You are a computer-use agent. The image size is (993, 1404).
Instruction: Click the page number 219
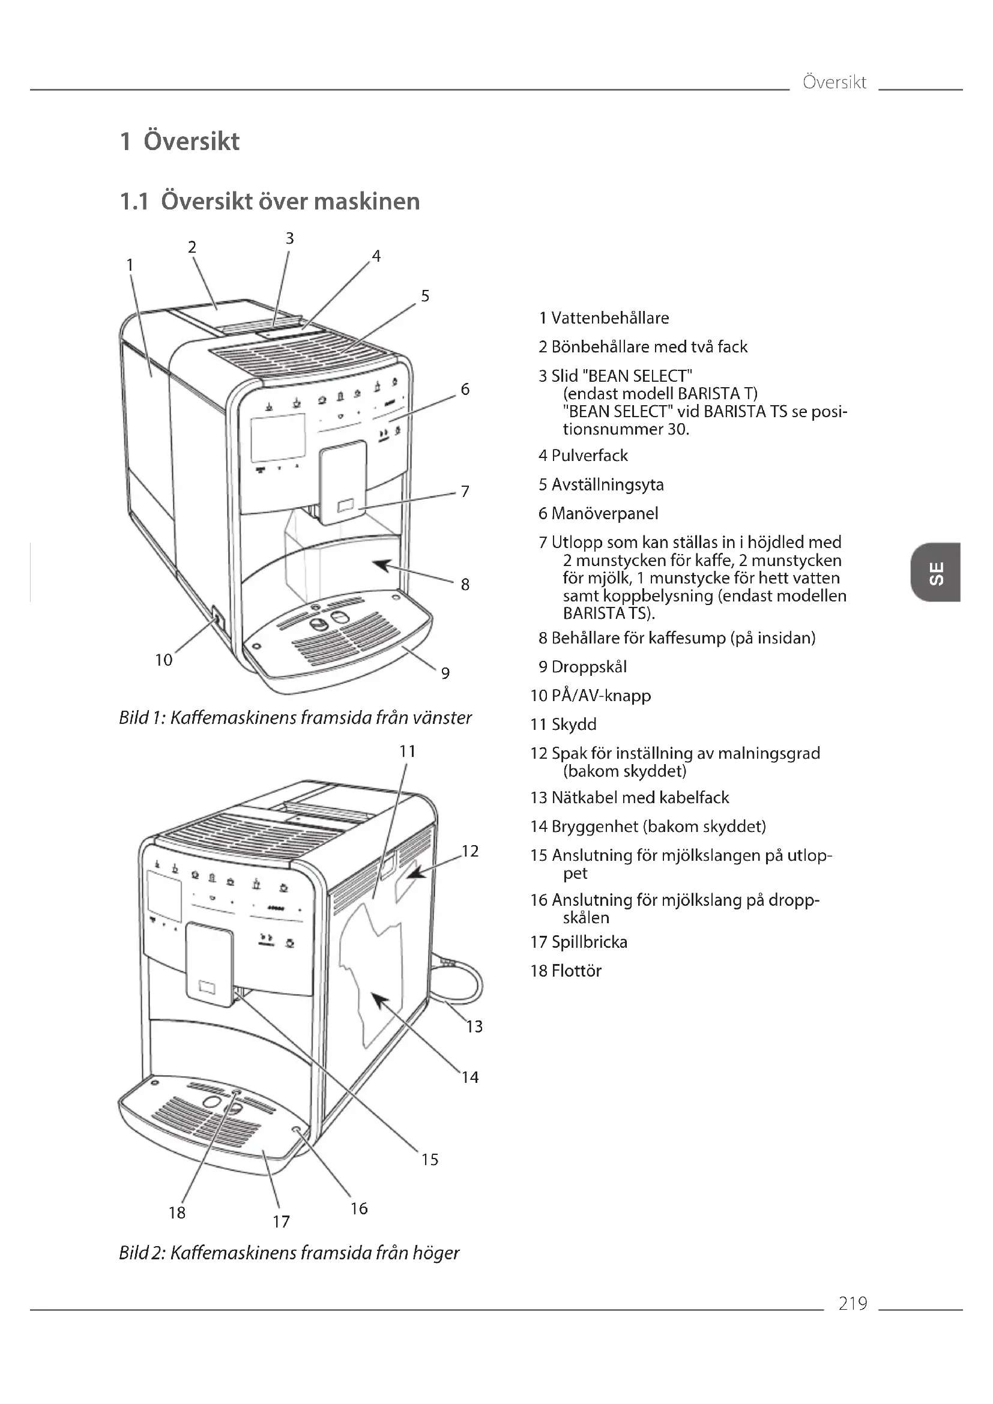pyautogui.click(x=853, y=1303)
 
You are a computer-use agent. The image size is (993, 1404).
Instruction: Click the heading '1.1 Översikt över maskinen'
pyautogui.click(x=270, y=201)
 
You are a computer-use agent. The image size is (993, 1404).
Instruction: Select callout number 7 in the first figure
pyautogui.click(x=465, y=491)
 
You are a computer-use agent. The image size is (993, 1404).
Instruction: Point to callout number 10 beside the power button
pyautogui.click(x=163, y=660)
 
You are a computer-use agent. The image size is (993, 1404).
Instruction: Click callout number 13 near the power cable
pyautogui.click(x=474, y=1026)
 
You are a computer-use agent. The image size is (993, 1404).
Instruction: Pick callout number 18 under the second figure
pyautogui.click(x=177, y=1212)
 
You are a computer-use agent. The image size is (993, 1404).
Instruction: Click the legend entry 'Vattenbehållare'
pyautogui.click(x=609, y=318)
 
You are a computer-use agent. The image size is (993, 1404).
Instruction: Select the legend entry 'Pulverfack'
pyautogui.click(x=589, y=456)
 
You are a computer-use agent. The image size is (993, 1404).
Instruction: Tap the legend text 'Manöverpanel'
pyautogui.click(x=604, y=513)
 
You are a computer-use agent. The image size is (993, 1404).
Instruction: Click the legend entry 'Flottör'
pyautogui.click(x=576, y=971)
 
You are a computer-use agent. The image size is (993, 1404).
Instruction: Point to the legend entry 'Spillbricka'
pyautogui.click(x=589, y=942)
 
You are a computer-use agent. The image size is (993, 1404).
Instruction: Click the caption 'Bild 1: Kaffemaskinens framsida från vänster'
pyautogui.click(x=295, y=717)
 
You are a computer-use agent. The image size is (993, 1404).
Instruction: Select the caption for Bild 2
pyautogui.click(x=289, y=1253)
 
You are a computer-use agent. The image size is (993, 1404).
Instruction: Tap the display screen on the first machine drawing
pyautogui.click(x=277, y=437)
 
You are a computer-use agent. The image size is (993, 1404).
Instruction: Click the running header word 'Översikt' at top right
pyautogui.click(x=834, y=82)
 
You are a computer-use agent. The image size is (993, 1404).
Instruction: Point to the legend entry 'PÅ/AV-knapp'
pyautogui.click(x=600, y=695)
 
